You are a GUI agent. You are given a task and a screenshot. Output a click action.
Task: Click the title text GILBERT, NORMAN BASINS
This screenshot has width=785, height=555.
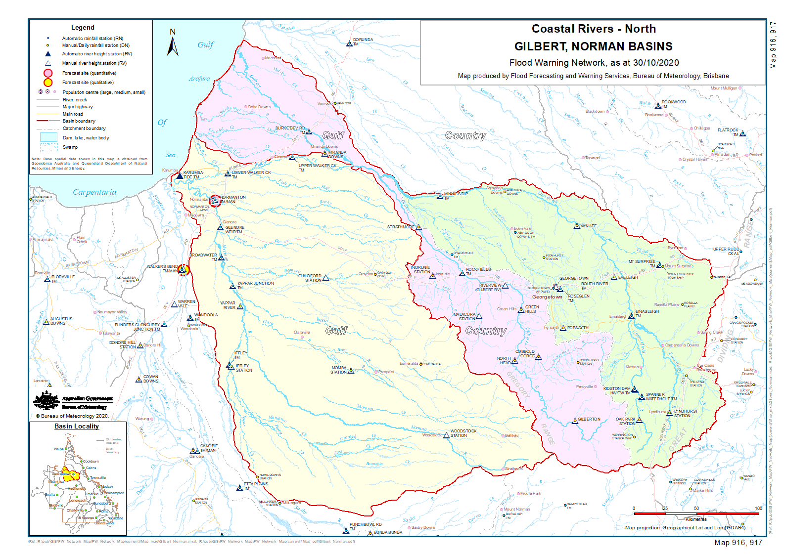click(593, 46)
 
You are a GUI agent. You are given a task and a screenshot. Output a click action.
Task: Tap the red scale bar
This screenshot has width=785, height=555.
click(696, 513)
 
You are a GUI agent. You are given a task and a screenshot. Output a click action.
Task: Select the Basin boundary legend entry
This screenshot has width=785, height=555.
click(79, 121)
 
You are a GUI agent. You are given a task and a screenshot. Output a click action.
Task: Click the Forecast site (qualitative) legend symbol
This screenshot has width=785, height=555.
click(48, 83)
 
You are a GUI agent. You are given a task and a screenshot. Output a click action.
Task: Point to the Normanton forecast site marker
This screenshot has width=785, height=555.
click(215, 201)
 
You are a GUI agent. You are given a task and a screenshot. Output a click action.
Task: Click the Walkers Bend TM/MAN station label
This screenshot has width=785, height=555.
click(162, 269)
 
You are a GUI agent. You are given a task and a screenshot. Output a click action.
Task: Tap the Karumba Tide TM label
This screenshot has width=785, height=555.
click(193, 175)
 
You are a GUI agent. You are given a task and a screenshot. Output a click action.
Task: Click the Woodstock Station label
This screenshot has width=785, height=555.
click(463, 433)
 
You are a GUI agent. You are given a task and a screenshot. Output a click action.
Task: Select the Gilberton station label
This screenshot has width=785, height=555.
click(589, 419)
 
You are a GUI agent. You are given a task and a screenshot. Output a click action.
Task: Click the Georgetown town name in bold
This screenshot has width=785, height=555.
click(547, 297)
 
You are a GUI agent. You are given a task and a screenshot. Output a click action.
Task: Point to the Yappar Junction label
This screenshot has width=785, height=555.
click(255, 284)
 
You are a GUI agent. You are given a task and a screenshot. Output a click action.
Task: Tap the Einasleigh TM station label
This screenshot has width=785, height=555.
click(647, 312)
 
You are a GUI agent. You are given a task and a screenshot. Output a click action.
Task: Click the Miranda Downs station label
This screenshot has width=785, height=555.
click(337, 154)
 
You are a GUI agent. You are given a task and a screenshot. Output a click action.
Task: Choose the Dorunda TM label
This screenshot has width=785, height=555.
click(363, 40)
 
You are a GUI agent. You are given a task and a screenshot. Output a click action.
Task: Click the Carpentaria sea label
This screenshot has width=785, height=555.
click(94, 192)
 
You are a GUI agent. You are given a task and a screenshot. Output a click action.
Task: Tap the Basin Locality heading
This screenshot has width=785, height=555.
click(77, 426)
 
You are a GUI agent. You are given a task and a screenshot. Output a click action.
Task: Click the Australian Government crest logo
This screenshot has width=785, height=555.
click(47, 400)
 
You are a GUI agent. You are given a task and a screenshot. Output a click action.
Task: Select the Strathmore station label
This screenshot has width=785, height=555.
click(401, 227)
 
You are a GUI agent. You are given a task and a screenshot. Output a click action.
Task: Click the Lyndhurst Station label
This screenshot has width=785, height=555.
click(686, 413)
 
